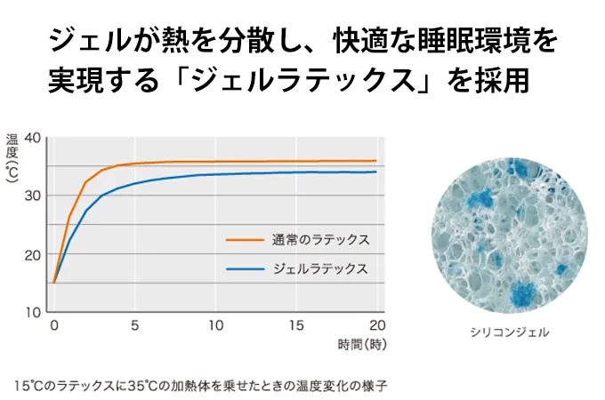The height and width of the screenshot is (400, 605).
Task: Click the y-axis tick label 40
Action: [x=33, y=138]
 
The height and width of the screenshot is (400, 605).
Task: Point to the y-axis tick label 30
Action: [x=33, y=196]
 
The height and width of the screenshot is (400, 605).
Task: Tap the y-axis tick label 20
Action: [x=33, y=254]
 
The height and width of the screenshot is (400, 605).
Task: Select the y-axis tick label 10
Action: [x=33, y=312]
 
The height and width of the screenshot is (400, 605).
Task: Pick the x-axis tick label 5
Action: [x=135, y=325]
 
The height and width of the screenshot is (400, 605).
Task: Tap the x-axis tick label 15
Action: [x=296, y=325]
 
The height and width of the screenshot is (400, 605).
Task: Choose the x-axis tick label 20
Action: [x=376, y=325]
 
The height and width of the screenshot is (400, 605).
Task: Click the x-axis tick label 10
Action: [x=215, y=325]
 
